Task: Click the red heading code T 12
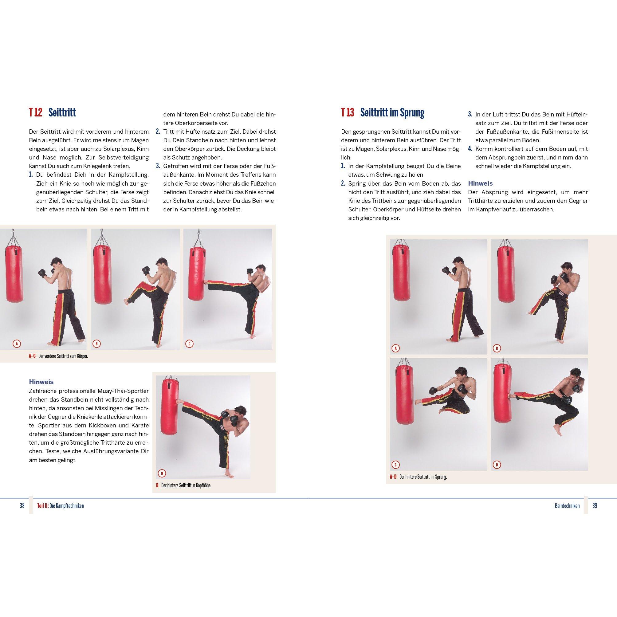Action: click(x=35, y=113)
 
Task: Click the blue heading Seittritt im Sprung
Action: click(x=392, y=113)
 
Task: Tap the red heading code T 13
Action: click(x=348, y=113)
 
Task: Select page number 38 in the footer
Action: click(x=22, y=505)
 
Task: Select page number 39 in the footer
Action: click(x=595, y=505)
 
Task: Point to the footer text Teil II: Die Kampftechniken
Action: click(x=60, y=506)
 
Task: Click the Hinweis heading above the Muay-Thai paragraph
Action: click(x=41, y=382)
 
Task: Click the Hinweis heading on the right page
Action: click(x=480, y=183)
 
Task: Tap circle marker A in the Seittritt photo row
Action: click(x=17, y=344)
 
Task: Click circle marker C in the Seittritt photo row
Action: click(x=189, y=344)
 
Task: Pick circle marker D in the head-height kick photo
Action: click(x=162, y=474)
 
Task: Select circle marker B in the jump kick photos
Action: click(x=497, y=348)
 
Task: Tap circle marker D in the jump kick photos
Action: click(x=497, y=465)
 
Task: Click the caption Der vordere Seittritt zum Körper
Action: click(x=63, y=356)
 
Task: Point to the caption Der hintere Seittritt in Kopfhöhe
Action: click(x=187, y=485)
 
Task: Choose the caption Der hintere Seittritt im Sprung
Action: click(x=423, y=477)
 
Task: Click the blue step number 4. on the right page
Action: click(x=470, y=149)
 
